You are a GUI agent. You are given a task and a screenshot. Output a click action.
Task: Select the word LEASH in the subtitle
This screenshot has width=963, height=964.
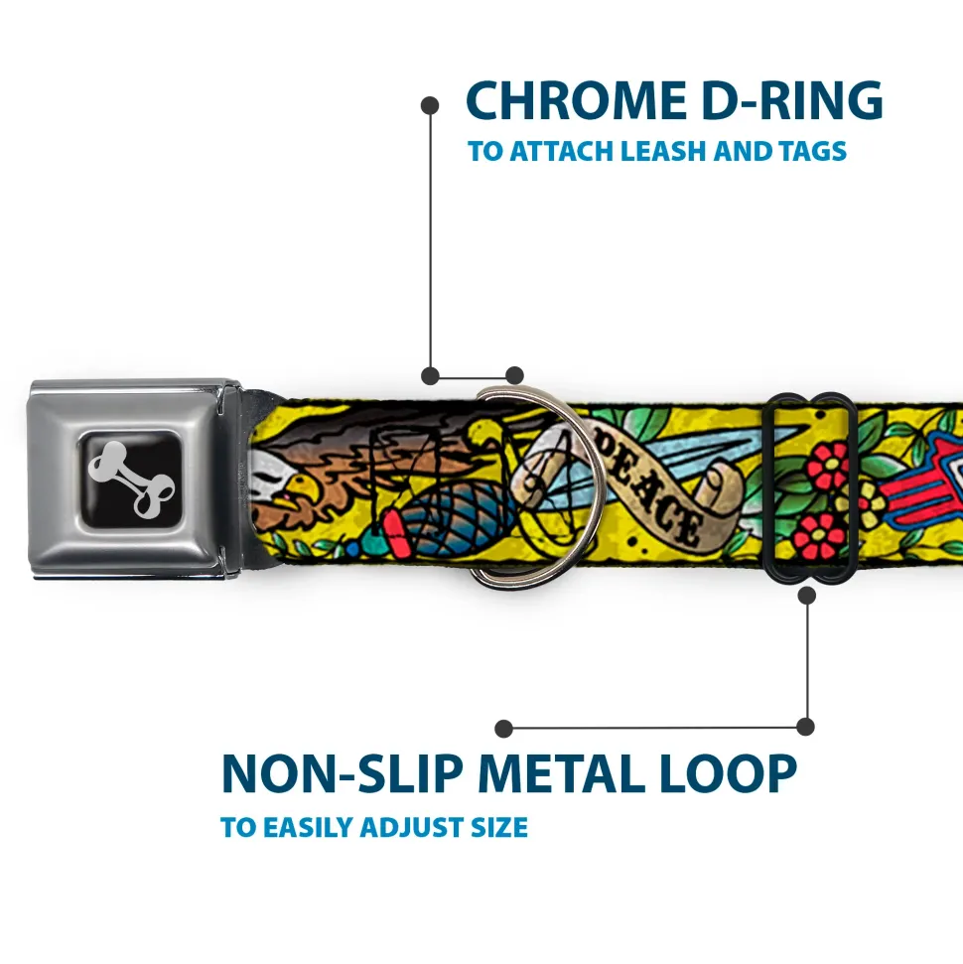(x=664, y=151)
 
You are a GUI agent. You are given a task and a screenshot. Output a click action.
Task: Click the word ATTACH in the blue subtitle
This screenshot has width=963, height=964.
(x=562, y=151)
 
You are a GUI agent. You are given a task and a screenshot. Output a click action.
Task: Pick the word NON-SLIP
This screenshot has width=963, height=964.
(x=342, y=772)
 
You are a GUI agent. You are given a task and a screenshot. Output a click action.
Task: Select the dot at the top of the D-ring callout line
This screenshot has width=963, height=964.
(x=430, y=106)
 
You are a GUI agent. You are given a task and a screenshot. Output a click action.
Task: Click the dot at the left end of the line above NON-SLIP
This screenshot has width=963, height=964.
(x=503, y=729)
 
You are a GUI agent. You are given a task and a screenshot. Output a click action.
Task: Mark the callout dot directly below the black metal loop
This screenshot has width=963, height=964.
(x=807, y=595)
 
